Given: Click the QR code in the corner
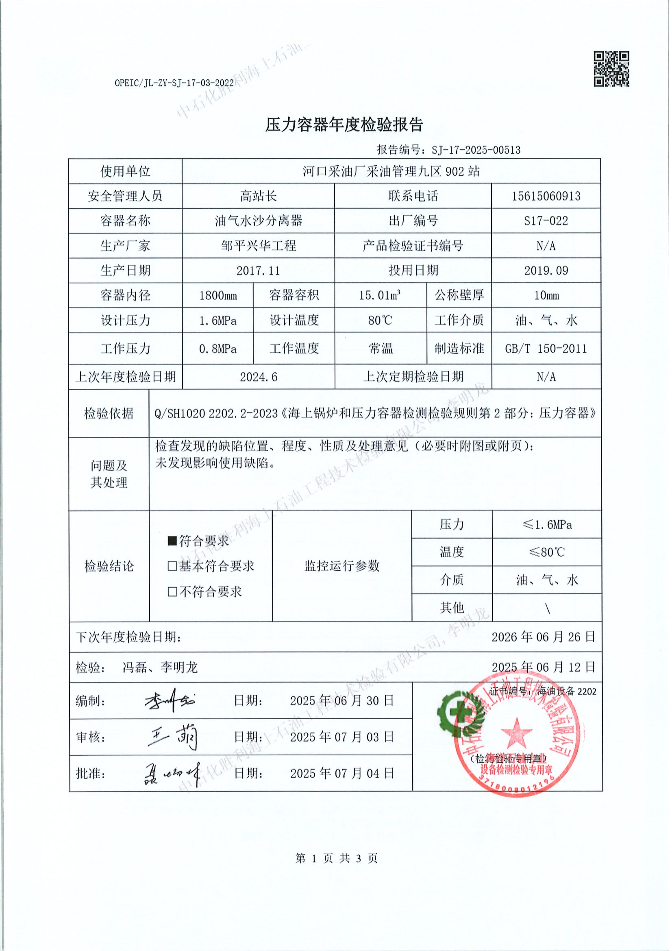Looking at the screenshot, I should coord(611,69).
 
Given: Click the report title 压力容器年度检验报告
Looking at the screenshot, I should coord(344,125).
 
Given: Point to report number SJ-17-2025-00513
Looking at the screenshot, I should coord(476,150).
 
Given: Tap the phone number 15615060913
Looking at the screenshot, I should coord(546,196).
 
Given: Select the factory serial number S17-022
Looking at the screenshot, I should coord(546,221).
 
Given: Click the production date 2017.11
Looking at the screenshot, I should coord(258,271).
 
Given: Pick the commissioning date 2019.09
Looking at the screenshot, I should coord(546,271).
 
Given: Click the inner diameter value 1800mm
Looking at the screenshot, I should coord(218,296).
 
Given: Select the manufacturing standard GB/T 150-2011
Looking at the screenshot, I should coord(546,349).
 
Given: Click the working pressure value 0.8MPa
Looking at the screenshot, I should coord(218,349).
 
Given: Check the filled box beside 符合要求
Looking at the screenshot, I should coord(172,541).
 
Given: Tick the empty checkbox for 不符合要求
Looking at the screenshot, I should coord(172,591).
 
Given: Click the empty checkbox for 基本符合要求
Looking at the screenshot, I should coord(172,566).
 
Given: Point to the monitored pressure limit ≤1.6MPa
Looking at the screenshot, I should coord(546,525).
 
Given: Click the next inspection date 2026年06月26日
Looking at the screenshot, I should coord(543,637).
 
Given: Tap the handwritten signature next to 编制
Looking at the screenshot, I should coord(170,701).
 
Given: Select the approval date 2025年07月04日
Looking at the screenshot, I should coord(341,773).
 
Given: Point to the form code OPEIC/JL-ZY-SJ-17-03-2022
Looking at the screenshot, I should coord(174,83).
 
